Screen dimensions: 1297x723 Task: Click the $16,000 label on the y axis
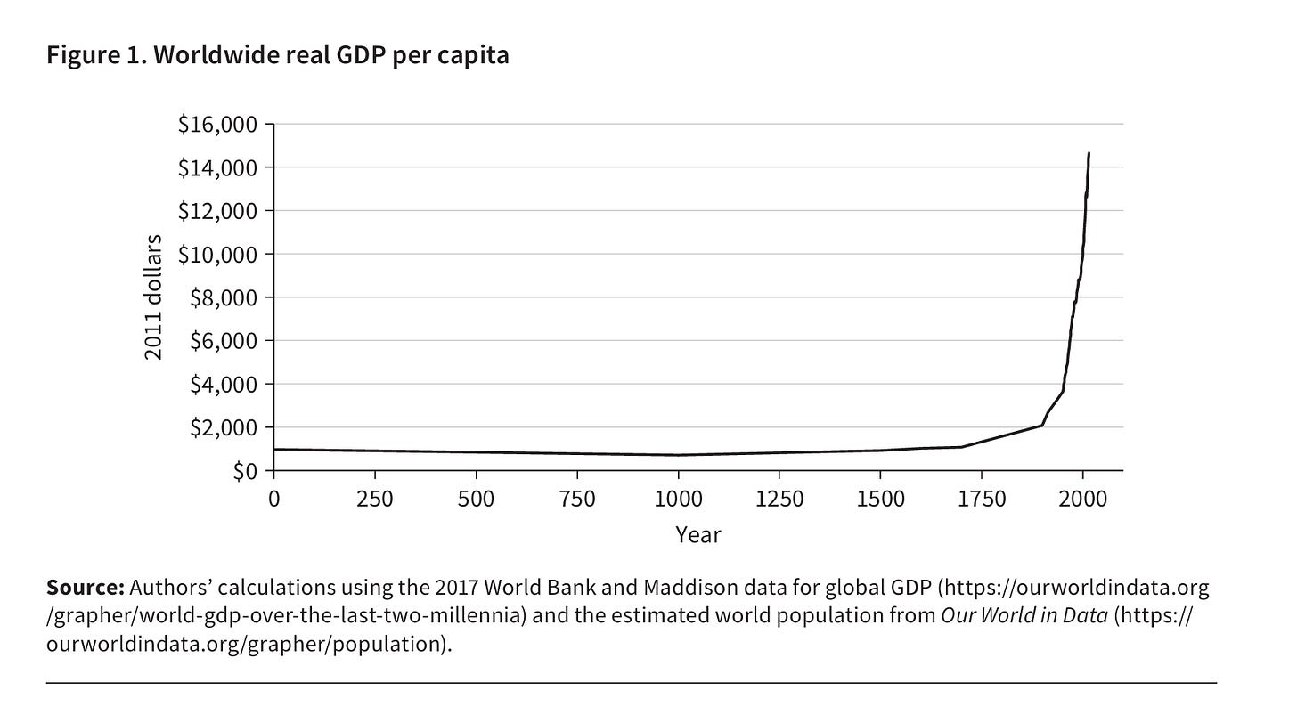(217, 125)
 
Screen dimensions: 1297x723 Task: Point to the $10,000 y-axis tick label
(217, 255)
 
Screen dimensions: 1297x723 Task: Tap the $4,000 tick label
(224, 385)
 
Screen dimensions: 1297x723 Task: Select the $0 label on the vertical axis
(245, 472)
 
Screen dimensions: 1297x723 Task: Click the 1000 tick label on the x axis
(678, 499)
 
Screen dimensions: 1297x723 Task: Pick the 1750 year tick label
(982, 499)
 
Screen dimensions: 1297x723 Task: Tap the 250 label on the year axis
(375, 499)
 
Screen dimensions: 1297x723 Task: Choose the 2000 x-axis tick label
(1083, 499)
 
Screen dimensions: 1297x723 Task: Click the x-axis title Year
(698, 535)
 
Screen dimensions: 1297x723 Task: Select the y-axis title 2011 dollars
(153, 297)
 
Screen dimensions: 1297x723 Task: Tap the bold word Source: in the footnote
(86, 588)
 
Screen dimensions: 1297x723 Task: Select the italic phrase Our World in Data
(1024, 615)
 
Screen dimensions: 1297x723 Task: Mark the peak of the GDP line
(1089, 153)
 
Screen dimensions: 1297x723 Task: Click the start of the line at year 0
(273, 449)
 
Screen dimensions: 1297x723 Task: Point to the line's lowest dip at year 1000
(678, 455)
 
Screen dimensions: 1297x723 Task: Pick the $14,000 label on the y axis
(217, 168)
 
